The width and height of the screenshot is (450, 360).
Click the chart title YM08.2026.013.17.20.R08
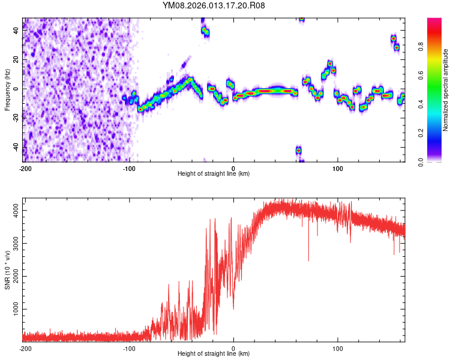214,5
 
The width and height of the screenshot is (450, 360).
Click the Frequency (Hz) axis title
7,90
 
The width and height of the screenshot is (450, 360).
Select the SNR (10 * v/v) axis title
7,269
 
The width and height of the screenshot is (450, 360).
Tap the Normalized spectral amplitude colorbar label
446,90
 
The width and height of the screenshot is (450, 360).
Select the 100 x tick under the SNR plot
338,347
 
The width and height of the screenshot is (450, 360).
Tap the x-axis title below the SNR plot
214,354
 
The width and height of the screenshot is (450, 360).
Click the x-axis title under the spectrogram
214,174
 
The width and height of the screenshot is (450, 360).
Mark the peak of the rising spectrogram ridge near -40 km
191,79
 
